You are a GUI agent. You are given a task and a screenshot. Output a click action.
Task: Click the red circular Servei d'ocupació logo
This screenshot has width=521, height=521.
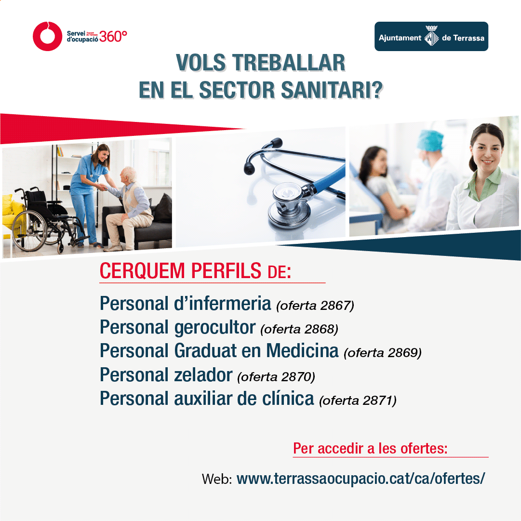coord(47,36)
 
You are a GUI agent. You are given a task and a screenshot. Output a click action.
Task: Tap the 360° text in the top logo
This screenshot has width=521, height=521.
coord(113,37)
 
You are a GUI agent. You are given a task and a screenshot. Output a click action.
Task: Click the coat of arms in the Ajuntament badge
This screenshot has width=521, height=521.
coord(431,36)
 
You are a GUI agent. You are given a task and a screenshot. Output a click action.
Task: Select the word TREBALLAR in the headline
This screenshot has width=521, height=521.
coord(289,63)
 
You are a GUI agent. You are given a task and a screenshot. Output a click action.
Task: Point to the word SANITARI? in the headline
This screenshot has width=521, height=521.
coord(332,90)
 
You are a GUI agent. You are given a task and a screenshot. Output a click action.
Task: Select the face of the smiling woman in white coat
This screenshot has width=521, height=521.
coord(486,151)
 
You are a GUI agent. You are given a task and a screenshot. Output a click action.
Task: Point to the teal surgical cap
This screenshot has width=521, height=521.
coord(430,139)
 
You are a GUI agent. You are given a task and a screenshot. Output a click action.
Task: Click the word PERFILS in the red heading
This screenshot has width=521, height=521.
coord(226,270)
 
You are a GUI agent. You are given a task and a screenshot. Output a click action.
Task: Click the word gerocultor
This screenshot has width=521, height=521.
coord(214,328)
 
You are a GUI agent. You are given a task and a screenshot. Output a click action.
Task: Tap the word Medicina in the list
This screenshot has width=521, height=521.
coord(302,350)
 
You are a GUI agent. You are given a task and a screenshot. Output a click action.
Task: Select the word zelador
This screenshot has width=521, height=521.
coord(203,375)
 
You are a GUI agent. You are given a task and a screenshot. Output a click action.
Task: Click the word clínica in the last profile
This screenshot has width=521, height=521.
coord(288,398)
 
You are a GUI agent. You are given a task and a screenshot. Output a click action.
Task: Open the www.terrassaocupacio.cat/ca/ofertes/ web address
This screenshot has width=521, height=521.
coord(361,479)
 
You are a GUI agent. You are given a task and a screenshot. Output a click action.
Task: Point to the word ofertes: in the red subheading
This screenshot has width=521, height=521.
coord(424,448)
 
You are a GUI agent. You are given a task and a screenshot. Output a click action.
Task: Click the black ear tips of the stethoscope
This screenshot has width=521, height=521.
coord(263,156)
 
